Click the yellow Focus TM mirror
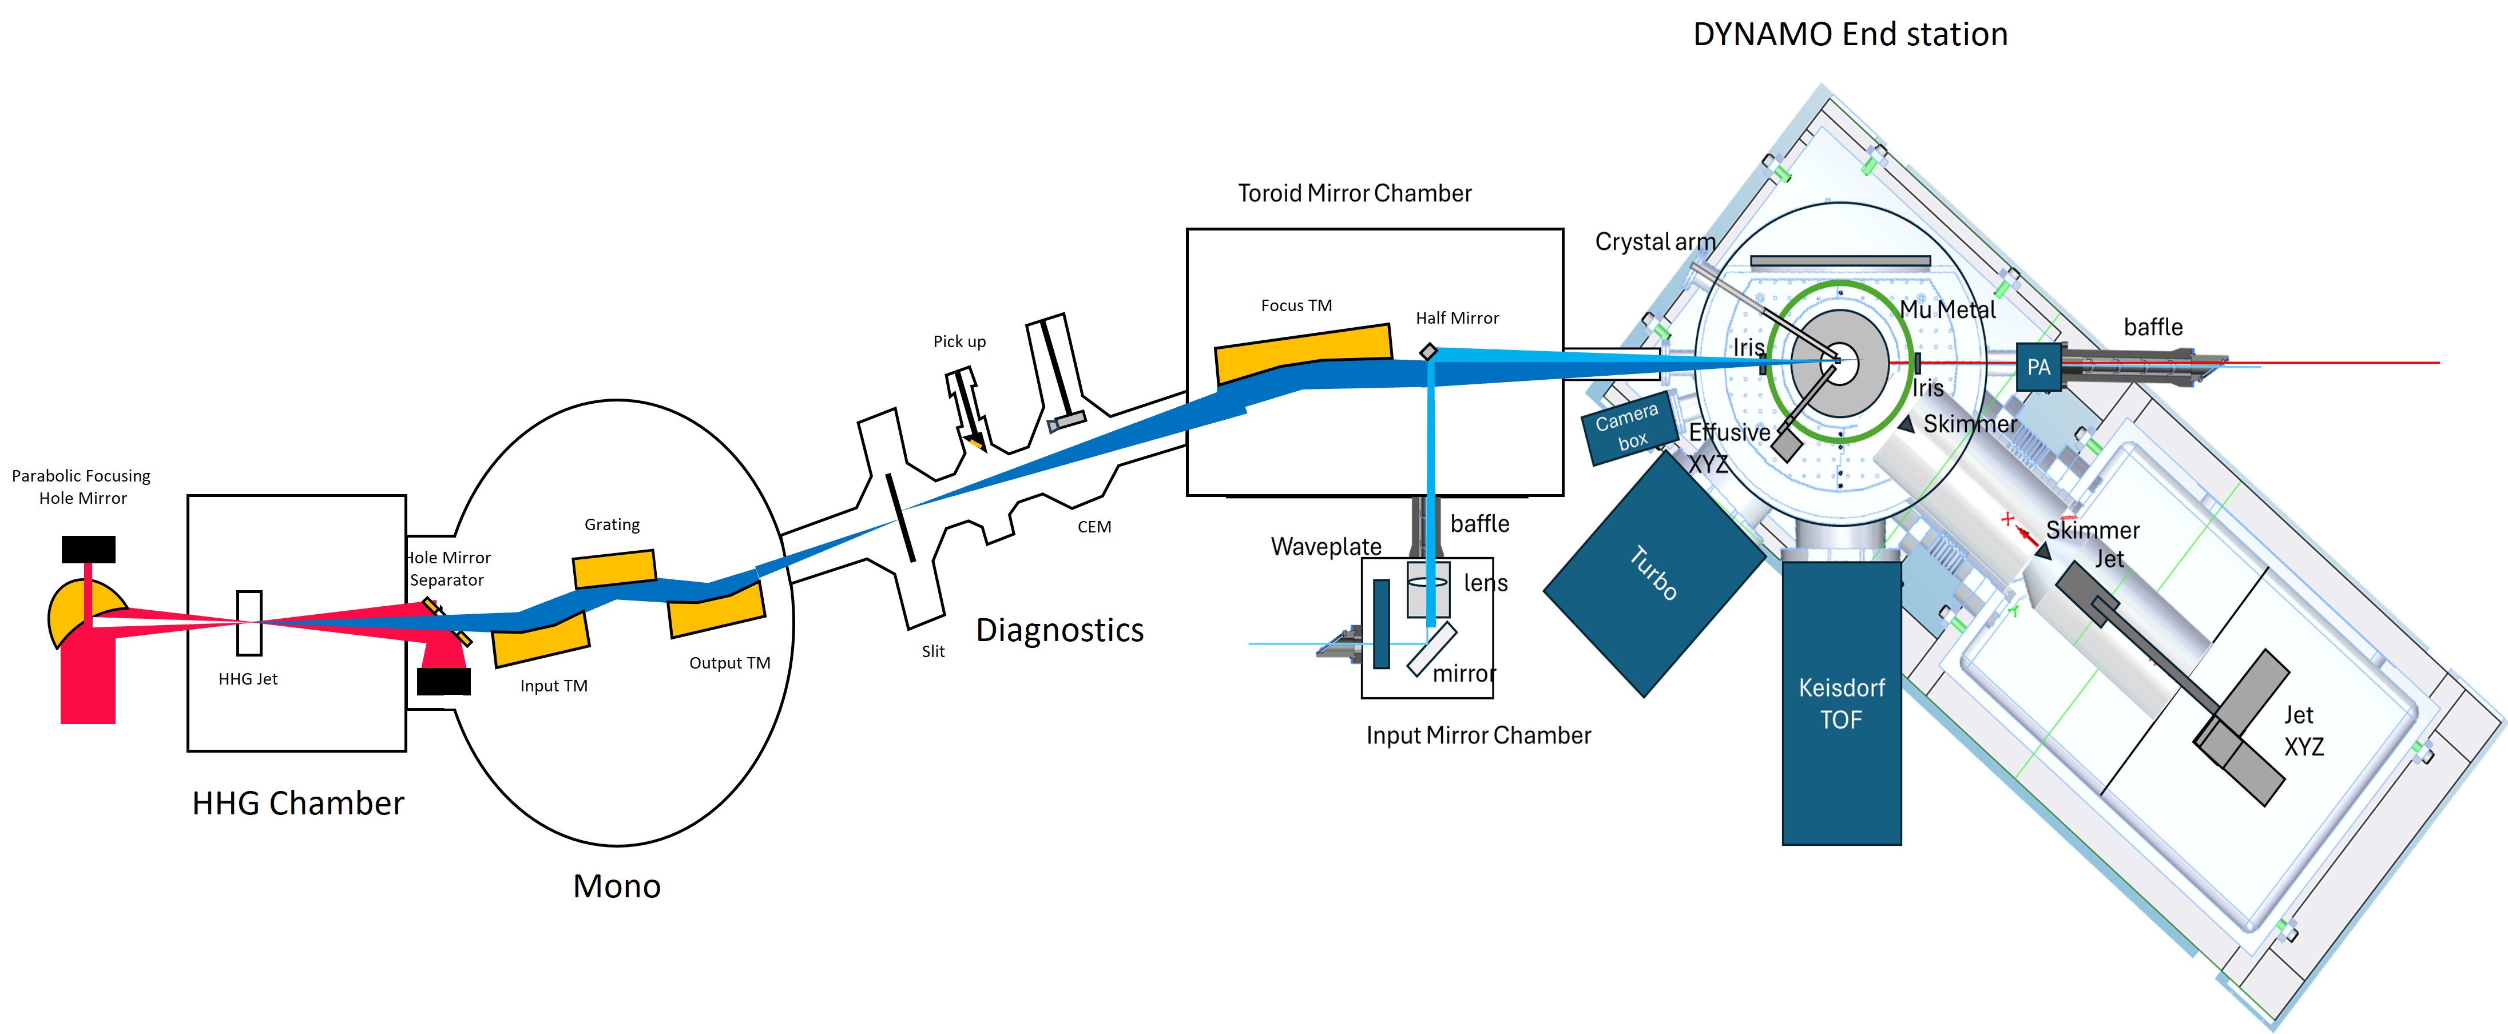coord(1303,352)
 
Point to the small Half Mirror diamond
coord(1428,352)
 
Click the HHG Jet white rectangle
coord(249,623)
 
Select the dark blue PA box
coord(2038,367)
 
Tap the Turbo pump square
coord(1654,574)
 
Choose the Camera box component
coord(1628,428)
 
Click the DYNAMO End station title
coord(1850,34)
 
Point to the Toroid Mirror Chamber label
coord(1354,193)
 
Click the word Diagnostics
coord(1059,630)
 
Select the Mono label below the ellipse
coord(616,886)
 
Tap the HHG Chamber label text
coord(298,804)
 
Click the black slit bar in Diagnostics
coord(900,518)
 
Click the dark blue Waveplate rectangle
coord(1380,624)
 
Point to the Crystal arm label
coord(1654,241)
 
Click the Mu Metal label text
coord(1947,309)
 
